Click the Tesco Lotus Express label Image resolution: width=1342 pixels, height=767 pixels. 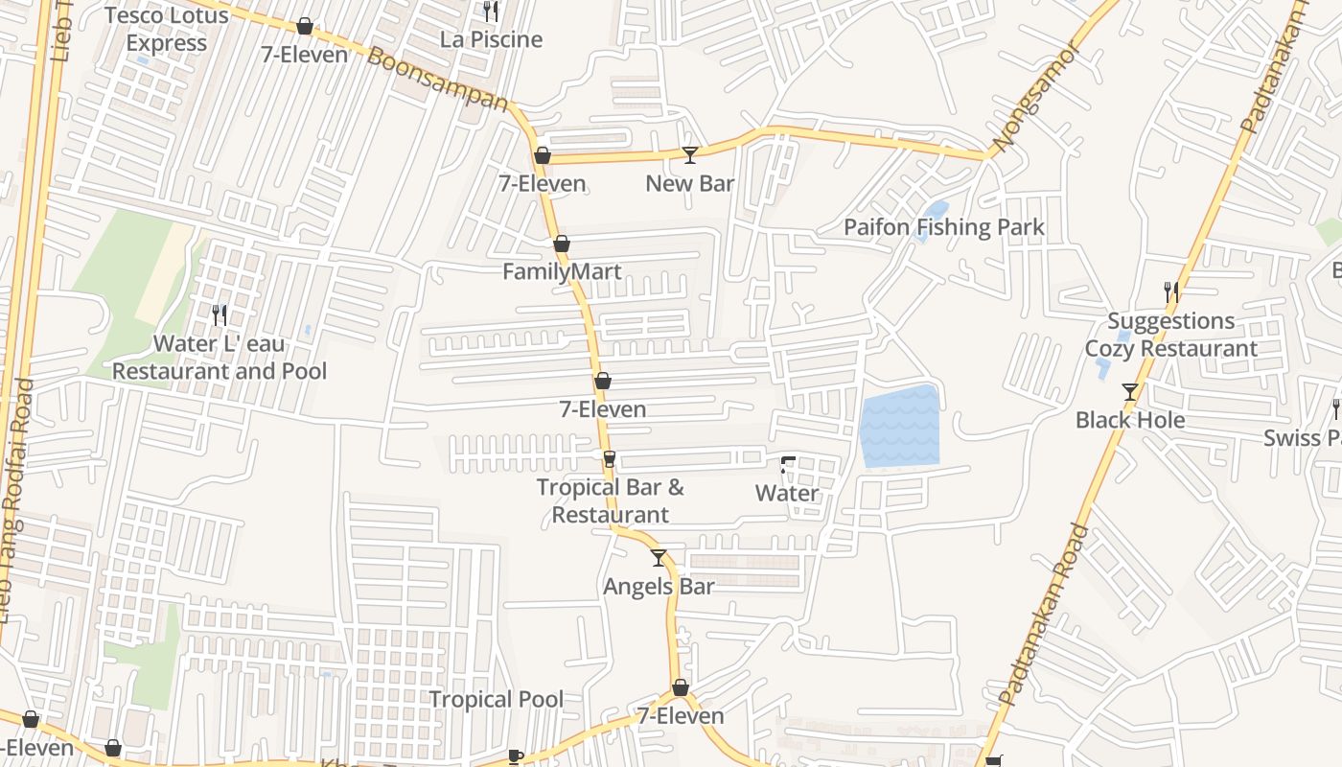click(x=167, y=30)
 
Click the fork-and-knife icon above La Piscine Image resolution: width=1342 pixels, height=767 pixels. click(x=491, y=12)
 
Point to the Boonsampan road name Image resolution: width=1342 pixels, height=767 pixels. click(x=437, y=80)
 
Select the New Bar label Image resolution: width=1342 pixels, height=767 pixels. click(x=689, y=183)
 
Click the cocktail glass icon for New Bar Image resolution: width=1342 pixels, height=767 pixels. click(x=689, y=154)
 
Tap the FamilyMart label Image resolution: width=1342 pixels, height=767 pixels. click(x=562, y=272)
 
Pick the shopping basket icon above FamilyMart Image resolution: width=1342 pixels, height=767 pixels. click(x=562, y=244)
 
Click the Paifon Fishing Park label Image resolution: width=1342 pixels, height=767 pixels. click(x=943, y=227)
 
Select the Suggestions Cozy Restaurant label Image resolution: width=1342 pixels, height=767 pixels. click(x=1170, y=335)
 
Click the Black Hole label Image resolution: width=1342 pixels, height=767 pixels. click(x=1129, y=420)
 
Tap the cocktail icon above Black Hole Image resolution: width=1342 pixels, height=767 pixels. click(x=1130, y=391)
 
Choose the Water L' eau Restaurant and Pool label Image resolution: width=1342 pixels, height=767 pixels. click(x=220, y=358)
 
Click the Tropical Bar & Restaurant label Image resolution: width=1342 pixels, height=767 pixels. click(x=610, y=500)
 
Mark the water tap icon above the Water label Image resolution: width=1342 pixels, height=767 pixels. click(x=787, y=466)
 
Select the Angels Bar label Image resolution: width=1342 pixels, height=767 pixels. click(x=659, y=586)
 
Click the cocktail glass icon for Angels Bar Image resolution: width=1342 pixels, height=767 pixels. click(x=659, y=557)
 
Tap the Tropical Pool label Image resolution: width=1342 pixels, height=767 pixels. click(x=496, y=700)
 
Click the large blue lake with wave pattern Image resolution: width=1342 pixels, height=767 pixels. click(x=899, y=427)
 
